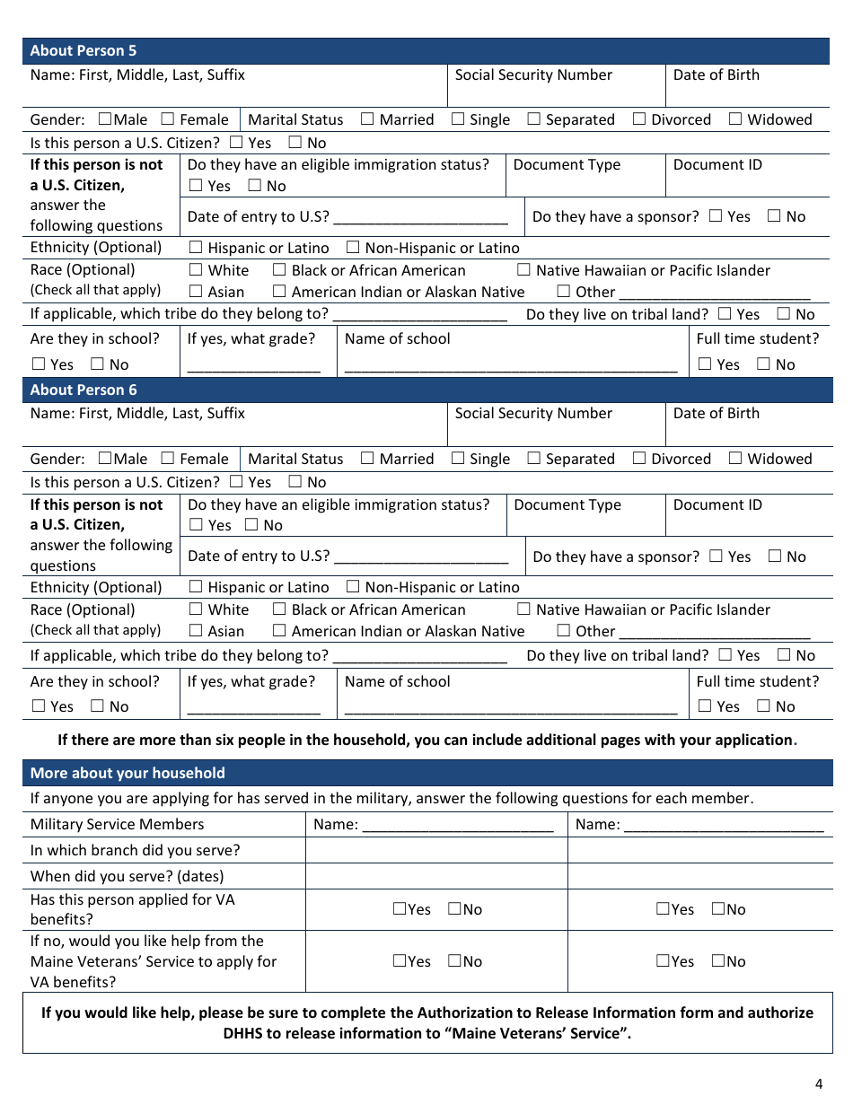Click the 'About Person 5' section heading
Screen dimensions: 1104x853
[x=84, y=51]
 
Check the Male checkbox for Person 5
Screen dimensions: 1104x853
[x=105, y=118]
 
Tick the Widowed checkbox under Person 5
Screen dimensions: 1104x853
[x=735, y=118]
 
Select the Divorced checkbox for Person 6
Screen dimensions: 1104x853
[x=639, y=458]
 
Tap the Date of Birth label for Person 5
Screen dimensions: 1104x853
[x=716, y=75]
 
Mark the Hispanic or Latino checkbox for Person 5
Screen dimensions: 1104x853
[x=196, y=247]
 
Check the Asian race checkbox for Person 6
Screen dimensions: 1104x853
[x=196, y=630]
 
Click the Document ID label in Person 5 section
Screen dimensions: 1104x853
[x=717, y=165]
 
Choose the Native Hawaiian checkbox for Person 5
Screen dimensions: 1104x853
[x=524, y=269]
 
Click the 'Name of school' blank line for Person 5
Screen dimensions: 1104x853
[x=510, y=365]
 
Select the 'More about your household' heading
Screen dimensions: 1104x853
[x=128, y=773]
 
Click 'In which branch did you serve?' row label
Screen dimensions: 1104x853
[x=135, y=850]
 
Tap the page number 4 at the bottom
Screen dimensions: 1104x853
[x=818, y=1083]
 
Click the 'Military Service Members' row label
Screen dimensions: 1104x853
[x=117, y=824]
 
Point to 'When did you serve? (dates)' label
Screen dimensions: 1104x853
[x=127, y=876]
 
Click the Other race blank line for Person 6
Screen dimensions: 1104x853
[x=715, y=633]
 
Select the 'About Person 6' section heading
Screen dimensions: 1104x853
[x=84, y=390]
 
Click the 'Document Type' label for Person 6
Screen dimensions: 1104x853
[x=567, y=504]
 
